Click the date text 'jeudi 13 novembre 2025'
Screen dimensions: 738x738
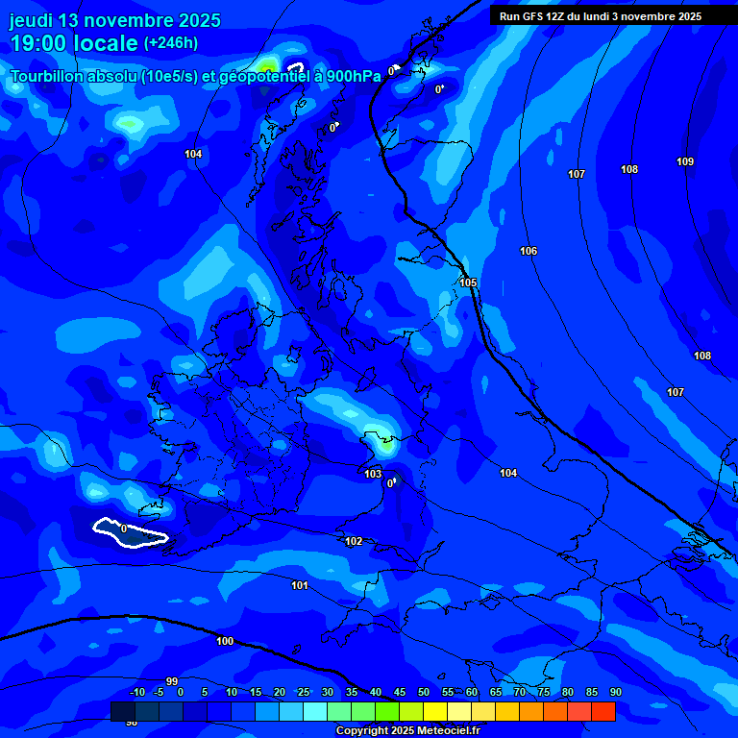pos(114,20)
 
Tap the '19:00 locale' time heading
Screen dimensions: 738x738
pos(74,43)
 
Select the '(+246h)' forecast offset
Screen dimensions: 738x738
pos(171,43)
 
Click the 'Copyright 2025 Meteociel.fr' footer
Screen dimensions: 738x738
pos(406,730)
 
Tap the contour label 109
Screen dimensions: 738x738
pos(685,161)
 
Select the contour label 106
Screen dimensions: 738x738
pos(529,251)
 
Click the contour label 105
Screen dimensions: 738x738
pos(468,283)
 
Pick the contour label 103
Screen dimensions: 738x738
pos(373,474)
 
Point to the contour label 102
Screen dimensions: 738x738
pos(354,541)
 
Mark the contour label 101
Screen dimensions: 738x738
pos(300,585)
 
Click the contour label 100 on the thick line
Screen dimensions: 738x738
pos(225,641)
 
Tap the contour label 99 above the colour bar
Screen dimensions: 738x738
pos(172,681)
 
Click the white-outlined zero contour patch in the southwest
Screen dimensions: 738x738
pos(130,532)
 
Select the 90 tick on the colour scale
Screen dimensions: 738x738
pos(615,693)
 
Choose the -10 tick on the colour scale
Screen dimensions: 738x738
pos(137,693)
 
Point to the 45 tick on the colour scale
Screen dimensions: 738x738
pos(399,693)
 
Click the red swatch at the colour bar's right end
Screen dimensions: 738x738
pos(603,711)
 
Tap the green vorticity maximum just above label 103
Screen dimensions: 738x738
pos(386,443)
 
